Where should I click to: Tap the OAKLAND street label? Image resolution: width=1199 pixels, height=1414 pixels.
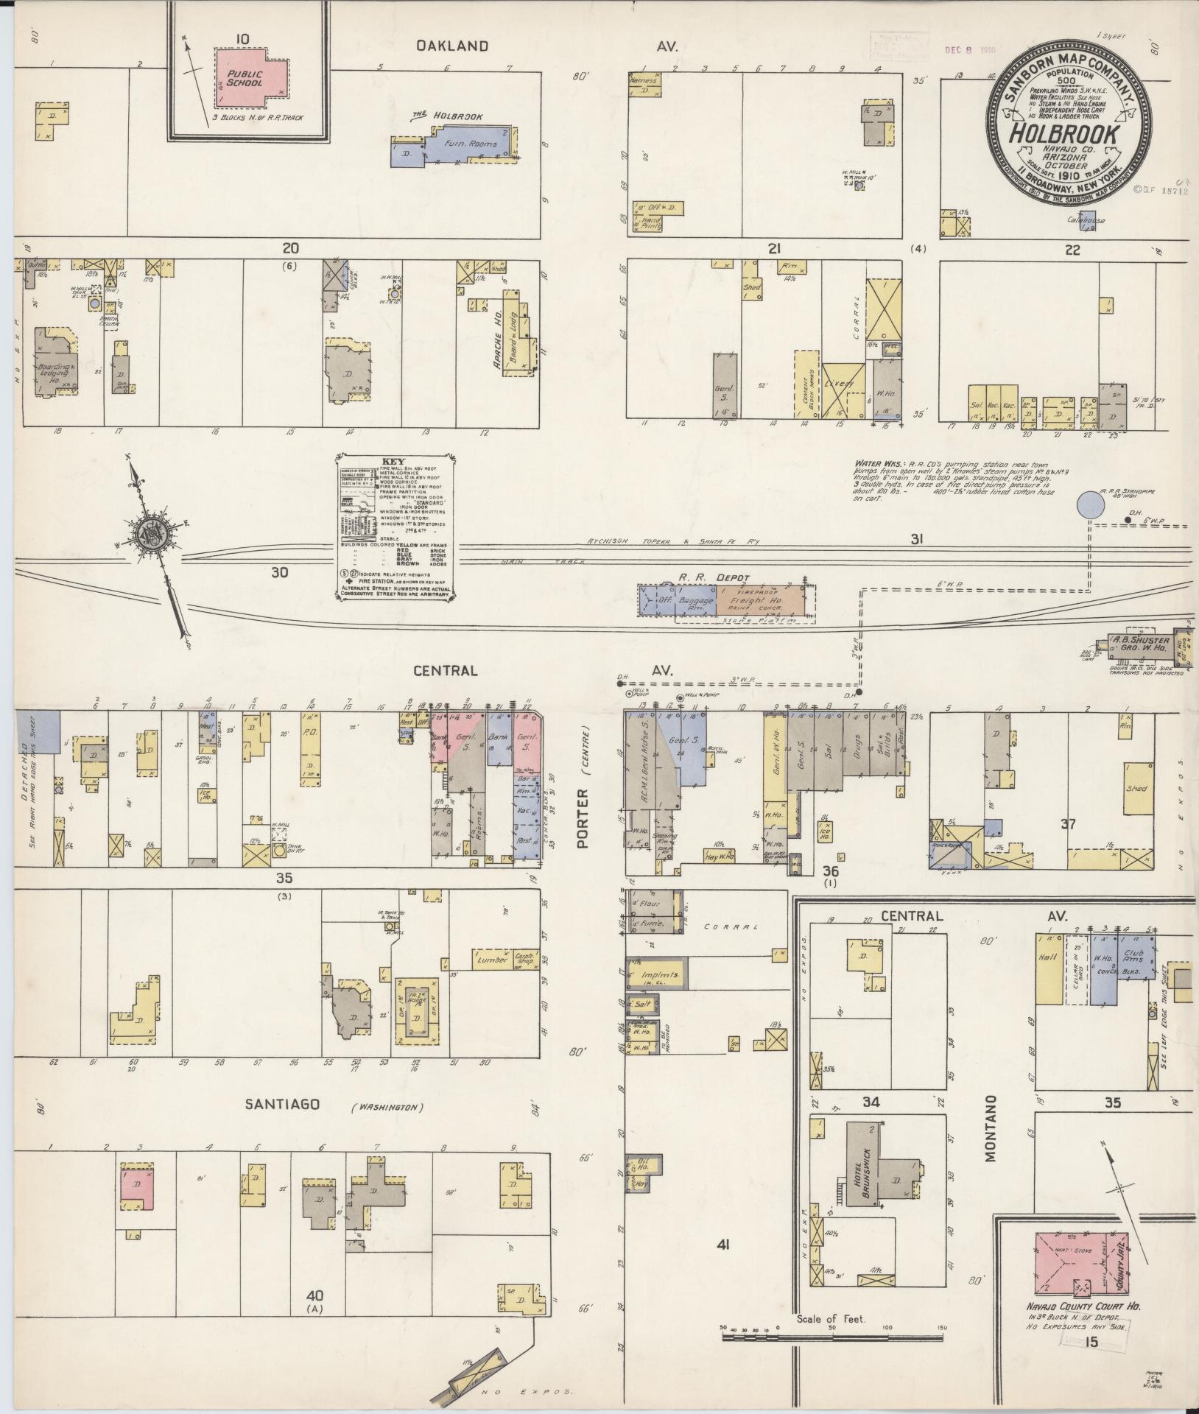452,46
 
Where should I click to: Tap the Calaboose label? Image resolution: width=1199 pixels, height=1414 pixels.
1086,220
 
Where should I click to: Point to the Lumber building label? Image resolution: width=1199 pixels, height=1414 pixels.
492,960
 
